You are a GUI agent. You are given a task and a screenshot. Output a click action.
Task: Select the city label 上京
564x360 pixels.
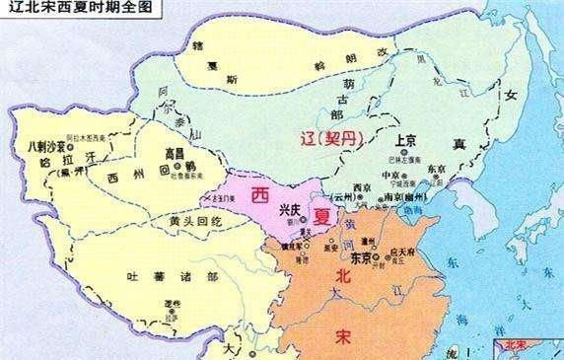coord(407,141)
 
